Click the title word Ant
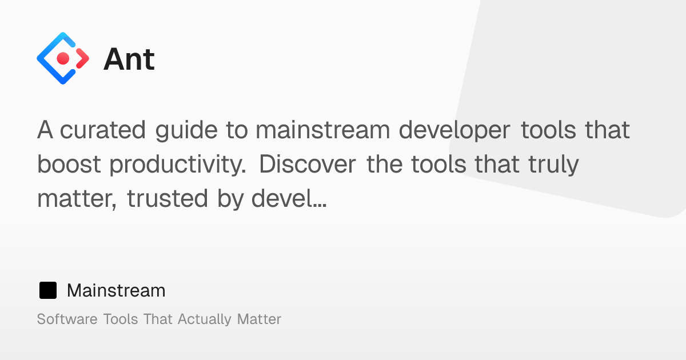[x=129, y=59]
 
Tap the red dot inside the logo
[x=63, y=58]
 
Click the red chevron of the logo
[x=82, y=58]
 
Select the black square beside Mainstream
[x=48, y=290]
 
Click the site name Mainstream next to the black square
[x=116, y=290]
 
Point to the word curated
[x=102, y=130]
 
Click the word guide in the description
[x=186, y=130]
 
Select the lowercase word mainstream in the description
[x=323, y=130]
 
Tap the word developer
[x=454, y=130]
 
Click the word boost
[x=69, y=164]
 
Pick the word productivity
[x=178, y=165]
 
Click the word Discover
[x=308, y=164]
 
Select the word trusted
[x=167, y=198]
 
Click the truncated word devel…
[x=289, y=198]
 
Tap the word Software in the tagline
[x=67, y=319]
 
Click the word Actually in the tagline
[x=204, y=320]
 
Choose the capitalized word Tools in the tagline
[x=121, y=319]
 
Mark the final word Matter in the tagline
[x=259, y=319]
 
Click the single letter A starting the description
[x=45, y=130]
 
